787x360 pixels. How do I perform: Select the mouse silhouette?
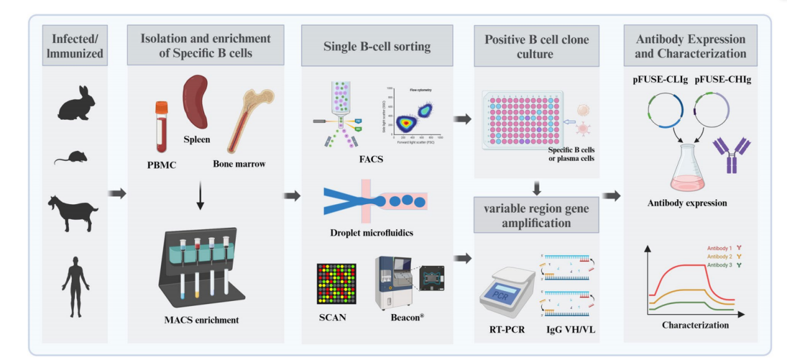(x=70, y=158)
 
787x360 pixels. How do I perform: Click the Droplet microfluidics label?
(x=372, y=233)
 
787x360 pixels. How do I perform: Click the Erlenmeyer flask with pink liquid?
(x=689, y=168)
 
